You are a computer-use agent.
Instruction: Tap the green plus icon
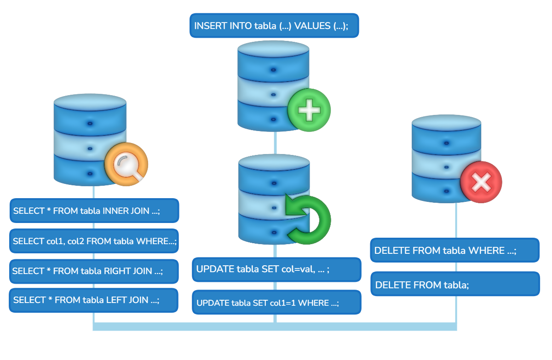pos(309,110)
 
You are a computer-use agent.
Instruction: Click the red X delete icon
pos(481,182)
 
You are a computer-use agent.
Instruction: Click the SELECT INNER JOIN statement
pos(94,211)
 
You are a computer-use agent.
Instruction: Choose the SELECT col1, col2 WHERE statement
pos(94,241)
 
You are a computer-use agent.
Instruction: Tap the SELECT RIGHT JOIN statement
pos(94,271)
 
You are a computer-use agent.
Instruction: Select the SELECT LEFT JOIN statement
pos(93,300)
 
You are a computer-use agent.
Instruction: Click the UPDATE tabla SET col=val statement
pos(276,269)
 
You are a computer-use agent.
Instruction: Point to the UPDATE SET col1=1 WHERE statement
pos(276,303)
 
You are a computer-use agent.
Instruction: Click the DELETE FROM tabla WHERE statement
pos(454,251)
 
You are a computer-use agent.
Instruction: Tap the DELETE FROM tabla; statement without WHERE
pos(454,285)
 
